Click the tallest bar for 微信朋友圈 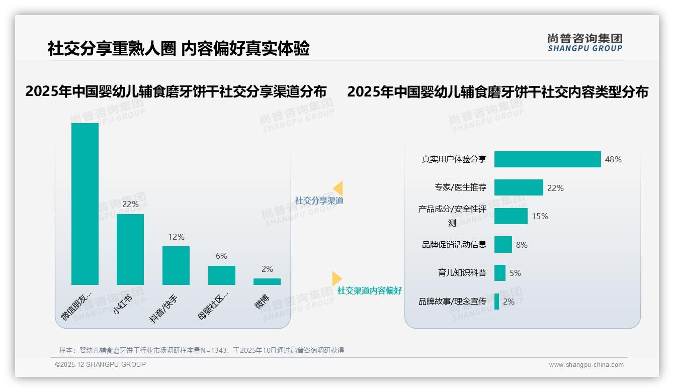click(85, 204)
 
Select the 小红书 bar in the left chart click(130, 249)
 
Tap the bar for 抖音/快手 click(176, 265)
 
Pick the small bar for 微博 click(267, 281)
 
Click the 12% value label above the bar click(176, 237)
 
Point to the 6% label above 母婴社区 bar click(221, 256)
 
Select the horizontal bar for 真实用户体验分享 click(547, 159)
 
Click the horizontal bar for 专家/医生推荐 click(519, 187)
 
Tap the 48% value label click(613, 159)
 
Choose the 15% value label click(540, 216)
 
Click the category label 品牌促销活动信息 click(454, 245)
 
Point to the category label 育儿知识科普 click(462, 273)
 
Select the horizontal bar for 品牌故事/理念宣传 click(497, 302)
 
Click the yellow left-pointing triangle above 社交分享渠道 click(338, 188)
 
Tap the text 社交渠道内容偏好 click(370, 290)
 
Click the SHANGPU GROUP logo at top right click(584, 43)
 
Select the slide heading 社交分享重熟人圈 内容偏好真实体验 click(179, 48)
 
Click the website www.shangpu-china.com click(586, 365)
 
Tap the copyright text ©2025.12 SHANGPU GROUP click(101, 364)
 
